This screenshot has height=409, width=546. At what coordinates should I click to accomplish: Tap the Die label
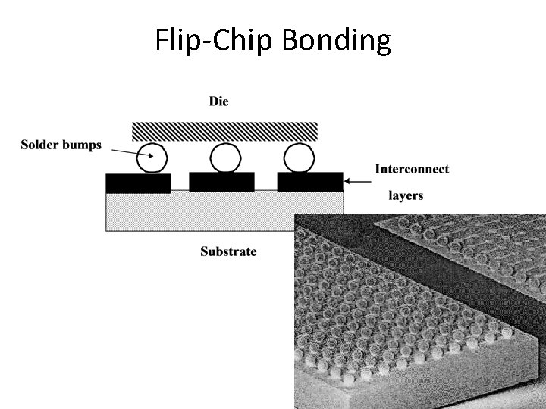(218, 101)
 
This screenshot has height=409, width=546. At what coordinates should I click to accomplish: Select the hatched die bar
(224, 131)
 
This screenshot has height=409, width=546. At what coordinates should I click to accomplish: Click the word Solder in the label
(42, 145)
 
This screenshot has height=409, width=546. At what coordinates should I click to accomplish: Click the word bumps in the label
(83, 145)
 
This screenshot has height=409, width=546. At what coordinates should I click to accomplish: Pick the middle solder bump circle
(224, 158)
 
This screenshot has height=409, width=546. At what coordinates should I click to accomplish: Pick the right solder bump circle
(297, 158)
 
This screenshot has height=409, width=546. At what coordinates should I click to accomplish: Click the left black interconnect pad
(138, 183)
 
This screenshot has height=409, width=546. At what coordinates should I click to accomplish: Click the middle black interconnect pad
(221, 183)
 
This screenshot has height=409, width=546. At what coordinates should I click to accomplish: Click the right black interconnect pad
(309, 183)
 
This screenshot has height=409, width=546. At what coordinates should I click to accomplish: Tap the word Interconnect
(411, 169)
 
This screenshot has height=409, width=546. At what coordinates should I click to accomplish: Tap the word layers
(406, 195)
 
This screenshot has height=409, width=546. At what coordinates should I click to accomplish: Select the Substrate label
(227, 251)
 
